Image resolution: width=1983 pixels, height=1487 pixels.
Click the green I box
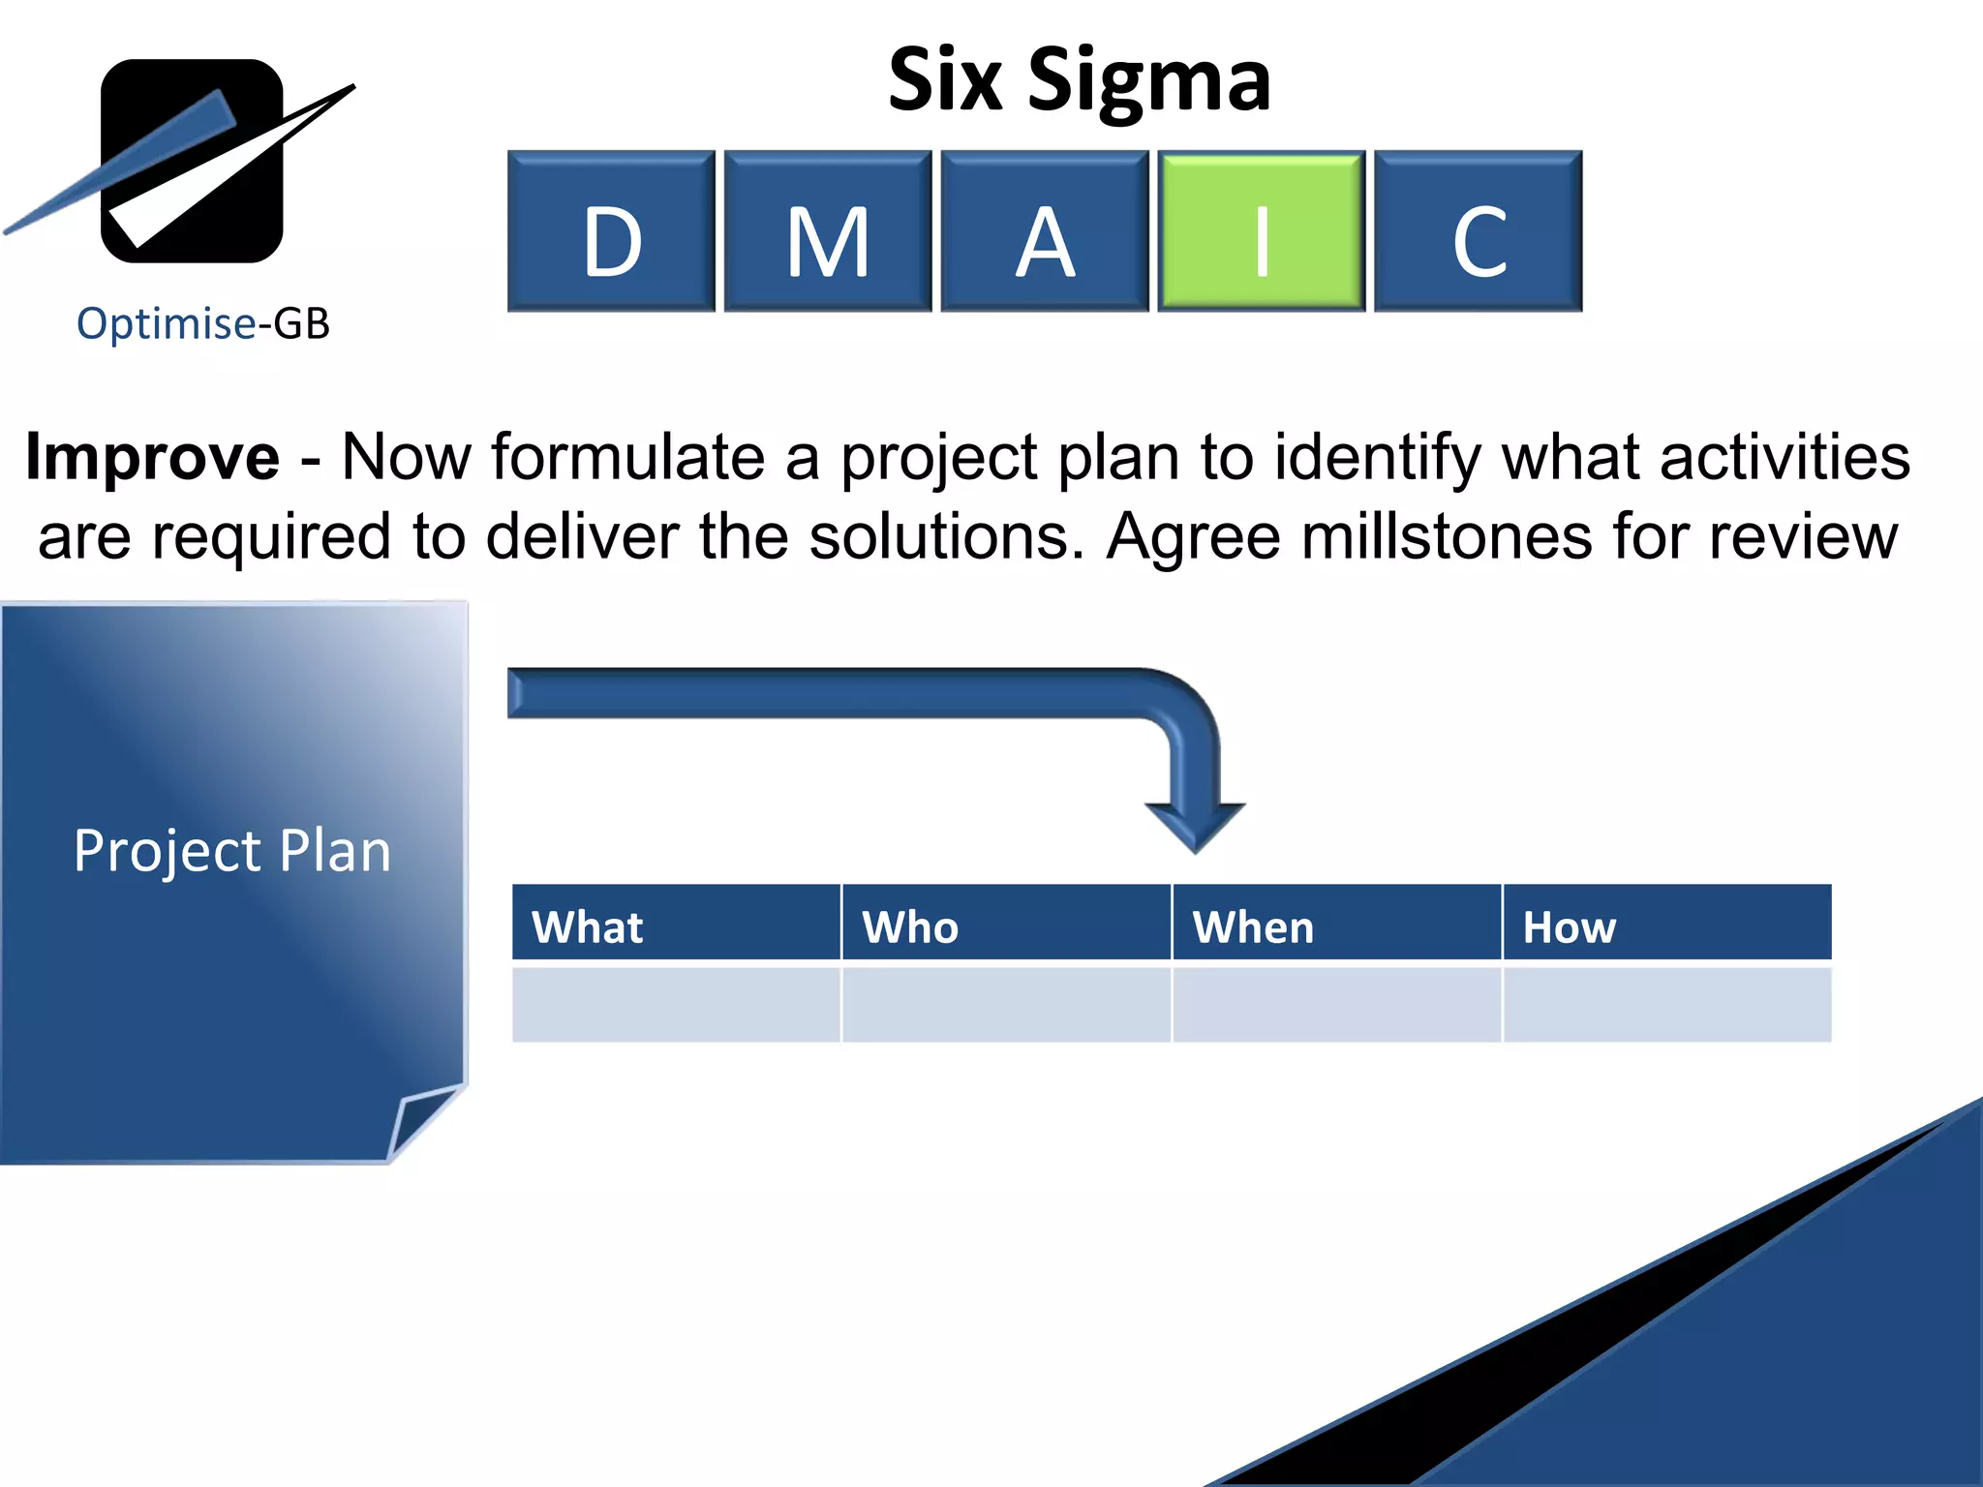click(x=1261, y=232)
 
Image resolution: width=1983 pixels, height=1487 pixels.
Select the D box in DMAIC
click(x=611, y=232)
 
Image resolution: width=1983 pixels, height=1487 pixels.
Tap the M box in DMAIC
click(x=828, y=232)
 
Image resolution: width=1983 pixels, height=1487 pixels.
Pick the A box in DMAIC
click(x=1045, y=232)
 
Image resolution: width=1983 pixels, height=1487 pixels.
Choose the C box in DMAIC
click(x=1478, y=232)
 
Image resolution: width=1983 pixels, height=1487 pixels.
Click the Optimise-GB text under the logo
click(x=203, y=323)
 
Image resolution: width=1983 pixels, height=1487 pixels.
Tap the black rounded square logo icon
click(x=192, y=161)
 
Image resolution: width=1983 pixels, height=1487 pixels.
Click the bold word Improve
click(x=152, y=457)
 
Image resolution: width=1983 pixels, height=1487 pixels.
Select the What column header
click(x=587, y=926)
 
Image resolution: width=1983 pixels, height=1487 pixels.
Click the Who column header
click(x=910, y=926)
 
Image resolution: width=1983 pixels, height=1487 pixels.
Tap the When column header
click(x=1253, y=926)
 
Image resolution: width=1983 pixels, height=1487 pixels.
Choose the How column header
click(x=1569, y=926)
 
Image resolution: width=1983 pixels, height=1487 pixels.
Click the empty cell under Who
click(x=1006, y=1004)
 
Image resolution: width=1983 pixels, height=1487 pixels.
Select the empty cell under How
click(x=1666, y=1004)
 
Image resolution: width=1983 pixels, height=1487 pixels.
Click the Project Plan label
click(x=232, y=852)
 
